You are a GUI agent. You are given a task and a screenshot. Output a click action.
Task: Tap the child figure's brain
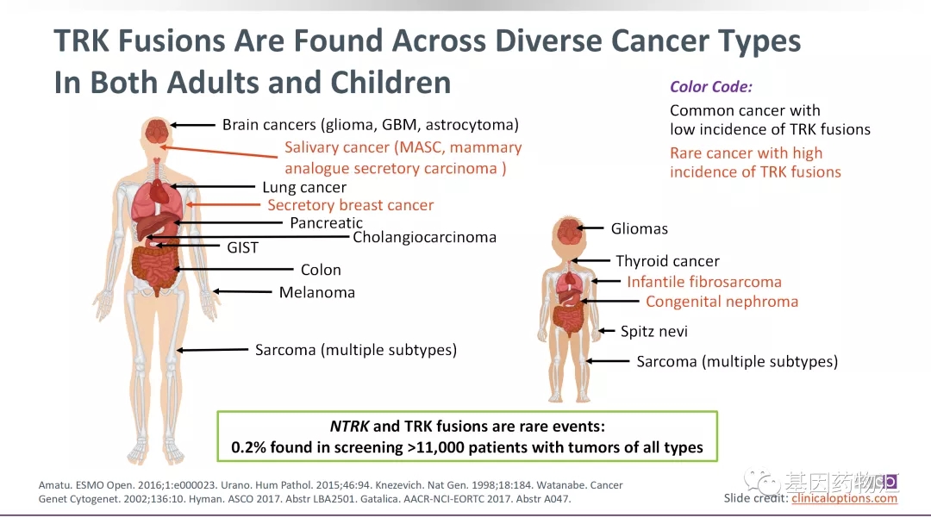tap(568, 231)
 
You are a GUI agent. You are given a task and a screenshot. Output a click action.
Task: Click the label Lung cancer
tap(304, 187)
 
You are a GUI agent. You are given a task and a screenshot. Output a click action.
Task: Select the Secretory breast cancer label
tap(350, 205)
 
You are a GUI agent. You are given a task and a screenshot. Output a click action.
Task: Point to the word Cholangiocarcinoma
tap(424, 237)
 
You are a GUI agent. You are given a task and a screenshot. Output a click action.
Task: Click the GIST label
tap(242, 247)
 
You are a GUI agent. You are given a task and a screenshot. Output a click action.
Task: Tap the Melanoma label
tap(316, 292)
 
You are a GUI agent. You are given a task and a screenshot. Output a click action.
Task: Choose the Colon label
tap(321, 270)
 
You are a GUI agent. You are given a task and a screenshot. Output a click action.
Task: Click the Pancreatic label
tap(326, 223)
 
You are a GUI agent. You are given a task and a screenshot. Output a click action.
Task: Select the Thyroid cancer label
tap(666, 261)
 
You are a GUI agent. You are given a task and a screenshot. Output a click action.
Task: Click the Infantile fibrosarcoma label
tap(703, 282)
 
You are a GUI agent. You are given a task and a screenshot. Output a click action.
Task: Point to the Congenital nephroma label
tap(722, 302)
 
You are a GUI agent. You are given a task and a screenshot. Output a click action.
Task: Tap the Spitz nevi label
tap(653, 332)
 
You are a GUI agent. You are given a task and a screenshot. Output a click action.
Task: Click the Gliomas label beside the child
tap(639, 228)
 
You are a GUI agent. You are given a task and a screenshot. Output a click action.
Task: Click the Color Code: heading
tap(710, 86)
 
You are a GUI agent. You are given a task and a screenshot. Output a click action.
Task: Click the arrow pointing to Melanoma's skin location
tap(241, 292)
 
